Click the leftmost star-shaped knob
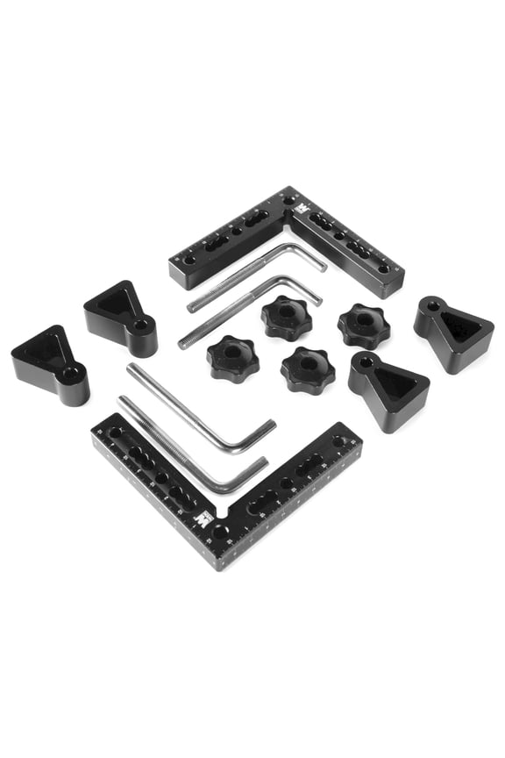tap(231, 356)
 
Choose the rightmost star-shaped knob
tap(364, 325)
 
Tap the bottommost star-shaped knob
tap(308, 369)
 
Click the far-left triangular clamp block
tap(50, 363)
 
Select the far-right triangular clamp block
tap(453, 333)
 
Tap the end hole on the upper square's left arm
tap(188, 261)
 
